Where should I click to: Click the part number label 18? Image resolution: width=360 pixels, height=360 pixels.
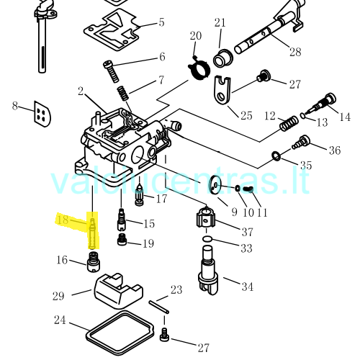click(x=63, y=220)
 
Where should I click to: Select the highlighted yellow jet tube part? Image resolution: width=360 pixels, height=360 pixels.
click(x=93, y=233)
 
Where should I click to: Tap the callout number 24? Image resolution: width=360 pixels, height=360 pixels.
click(x=60, y=320)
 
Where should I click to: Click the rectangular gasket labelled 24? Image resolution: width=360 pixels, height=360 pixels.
click(x=88, y=333)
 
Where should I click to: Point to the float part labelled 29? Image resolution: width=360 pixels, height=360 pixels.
click(x=119, y=292)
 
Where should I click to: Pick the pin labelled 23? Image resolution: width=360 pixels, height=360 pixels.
click(x=159, y=307)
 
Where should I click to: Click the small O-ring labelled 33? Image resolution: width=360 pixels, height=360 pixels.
click(x=207, y=239)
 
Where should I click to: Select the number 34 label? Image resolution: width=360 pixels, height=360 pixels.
click(x=248, y=287)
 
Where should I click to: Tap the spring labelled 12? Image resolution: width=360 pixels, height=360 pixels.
click(x=289, y=124)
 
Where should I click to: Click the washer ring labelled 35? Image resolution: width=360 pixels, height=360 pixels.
click(x=276, y=156)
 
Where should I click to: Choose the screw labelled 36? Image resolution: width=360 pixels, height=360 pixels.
click(x=301, y=142)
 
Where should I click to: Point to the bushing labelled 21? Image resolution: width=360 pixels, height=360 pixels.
click(x=223, y=59)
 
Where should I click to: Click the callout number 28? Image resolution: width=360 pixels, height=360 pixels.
click(x=295, y=52)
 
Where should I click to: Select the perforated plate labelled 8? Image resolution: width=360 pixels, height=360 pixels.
click(x=42, y=114)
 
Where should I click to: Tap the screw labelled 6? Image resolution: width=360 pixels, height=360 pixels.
click(x=111, y=71)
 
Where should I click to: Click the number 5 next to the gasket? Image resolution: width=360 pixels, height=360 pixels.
click(x=162, y=22)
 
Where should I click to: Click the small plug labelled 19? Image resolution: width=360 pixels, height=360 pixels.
click(x=122, y=239)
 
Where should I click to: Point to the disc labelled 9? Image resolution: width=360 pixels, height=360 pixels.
click(x=215, y=184)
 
